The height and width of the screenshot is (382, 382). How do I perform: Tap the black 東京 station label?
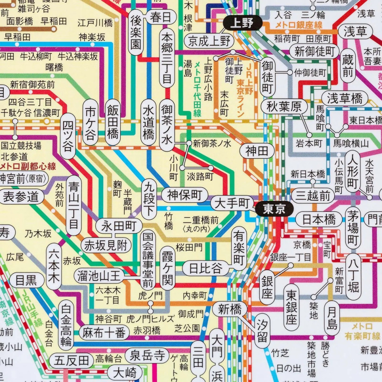tap(274, 209)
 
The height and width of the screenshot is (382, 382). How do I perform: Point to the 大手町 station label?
tap(231, 202)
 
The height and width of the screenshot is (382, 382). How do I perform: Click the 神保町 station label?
tap(184, 195)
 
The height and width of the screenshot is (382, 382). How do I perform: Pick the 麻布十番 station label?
tap(104, 333)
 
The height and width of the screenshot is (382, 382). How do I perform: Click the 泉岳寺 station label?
tap(147, 356)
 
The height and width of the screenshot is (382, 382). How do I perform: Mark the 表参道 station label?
tap(21, 197)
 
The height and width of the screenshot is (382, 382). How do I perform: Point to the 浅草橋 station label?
tap(345, 99)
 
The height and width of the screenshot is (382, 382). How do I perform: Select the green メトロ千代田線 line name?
tap(197, 89)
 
